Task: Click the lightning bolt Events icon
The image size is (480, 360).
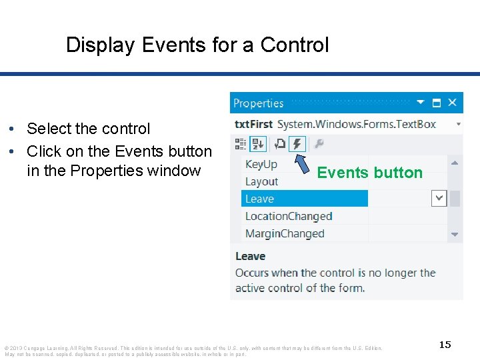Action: (x=297, y=144)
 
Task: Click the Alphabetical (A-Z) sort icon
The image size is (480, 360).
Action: (x=258, y=144)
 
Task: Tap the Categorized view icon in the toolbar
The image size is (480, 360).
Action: (x=241, y=144)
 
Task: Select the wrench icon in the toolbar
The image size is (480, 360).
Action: (x=319, y=144)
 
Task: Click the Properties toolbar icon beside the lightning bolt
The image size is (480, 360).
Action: (x=280, y=144)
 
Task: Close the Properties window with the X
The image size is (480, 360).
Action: (x=452, y=103)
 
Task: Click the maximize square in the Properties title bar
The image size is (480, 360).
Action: (x=437, y=103)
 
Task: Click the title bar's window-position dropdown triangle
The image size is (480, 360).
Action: (x=421, y=103)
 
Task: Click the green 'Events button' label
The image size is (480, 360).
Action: (x=369, y=173)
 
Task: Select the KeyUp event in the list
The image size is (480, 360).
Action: (x=261, y=164)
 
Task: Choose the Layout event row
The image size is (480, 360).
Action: (x=261, y=181)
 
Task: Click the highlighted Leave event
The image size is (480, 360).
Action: (x=260, y=199)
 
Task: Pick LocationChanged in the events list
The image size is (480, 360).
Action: (x=289, y=216)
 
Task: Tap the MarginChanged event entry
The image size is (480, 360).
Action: (x=285, y=233)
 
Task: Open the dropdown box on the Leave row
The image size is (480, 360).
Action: (x=439, y=198)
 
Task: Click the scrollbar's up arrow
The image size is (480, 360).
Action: (x=455, y=163)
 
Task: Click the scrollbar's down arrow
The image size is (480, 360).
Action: (x=455, y=234)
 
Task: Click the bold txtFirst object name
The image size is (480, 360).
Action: (x=254, y=124)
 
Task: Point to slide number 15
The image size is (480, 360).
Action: (x=445, y=345)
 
